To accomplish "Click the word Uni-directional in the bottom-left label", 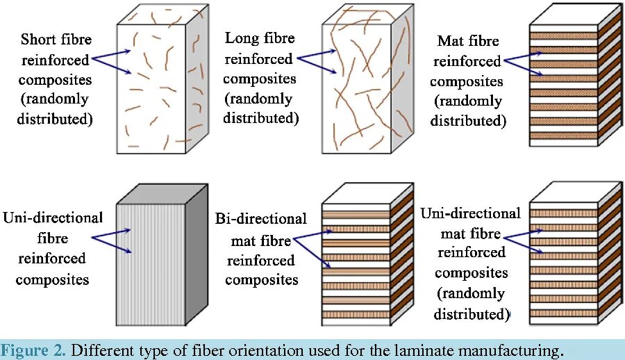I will pos(53,218).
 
